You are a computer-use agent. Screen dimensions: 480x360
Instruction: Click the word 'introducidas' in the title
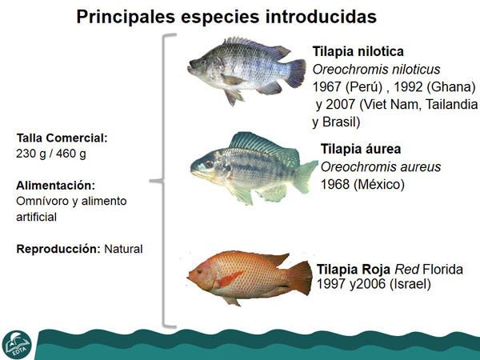pyautogui.click(x=321, y=17)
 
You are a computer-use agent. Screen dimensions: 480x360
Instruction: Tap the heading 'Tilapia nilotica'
pyautogui.click(x=358, y=51)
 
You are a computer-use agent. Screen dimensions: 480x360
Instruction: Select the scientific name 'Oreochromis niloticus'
pyautogui.click(x=376, y=70)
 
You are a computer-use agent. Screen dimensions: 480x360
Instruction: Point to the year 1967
pyautogui.click(x=327, y=87)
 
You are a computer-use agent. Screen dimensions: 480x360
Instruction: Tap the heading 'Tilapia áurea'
pyautogui.click(x=361, y=149)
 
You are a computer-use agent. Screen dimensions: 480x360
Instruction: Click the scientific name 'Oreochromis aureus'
pyautogui.click(x=381, y=167)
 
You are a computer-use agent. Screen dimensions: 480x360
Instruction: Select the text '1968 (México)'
pyautogui.click(x=362, y=185)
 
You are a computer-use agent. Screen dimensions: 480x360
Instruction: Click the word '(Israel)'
pyautogui.click(x=410, y=284)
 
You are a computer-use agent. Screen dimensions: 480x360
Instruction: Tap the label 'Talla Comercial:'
pyautogui.click(x=62, y=138)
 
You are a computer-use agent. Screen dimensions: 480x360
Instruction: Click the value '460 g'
pyautogui.click(x=70, y=154)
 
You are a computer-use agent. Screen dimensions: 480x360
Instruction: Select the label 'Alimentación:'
pyautogui.click(x=55, y=186)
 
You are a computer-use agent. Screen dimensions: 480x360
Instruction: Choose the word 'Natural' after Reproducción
pyautogui.click(x=123, y=249)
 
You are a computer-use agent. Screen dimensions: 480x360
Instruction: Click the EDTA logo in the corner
pyautogui.click(x=17, y=344)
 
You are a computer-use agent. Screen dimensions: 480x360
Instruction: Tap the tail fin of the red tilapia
pyautogui.click(x=300, y=278)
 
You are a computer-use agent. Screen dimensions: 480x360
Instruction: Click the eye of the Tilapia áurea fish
pyautogui.click(x=209, y=165)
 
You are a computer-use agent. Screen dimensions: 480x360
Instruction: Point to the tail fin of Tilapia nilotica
pyautogui.click(x=295, y=74)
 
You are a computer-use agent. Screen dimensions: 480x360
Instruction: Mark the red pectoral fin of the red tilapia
pyautogui.click(x=230, y=279)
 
